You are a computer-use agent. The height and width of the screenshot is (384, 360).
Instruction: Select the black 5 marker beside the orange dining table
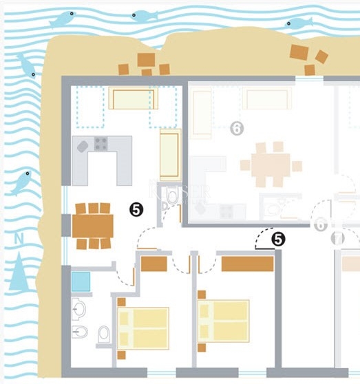pos(136,210)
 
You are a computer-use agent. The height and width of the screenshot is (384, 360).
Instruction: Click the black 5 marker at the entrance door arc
pos(278,239)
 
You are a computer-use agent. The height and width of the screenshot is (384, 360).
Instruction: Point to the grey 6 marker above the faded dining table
pos(237,128)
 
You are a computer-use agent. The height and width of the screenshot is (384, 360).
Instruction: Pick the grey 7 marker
pos(338,239)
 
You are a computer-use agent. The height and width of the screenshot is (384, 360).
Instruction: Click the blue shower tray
pos(81,281)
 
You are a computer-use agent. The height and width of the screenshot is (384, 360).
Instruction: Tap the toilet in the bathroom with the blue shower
pos(104,334)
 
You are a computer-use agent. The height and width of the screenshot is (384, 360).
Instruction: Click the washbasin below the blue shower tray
pos(78,309)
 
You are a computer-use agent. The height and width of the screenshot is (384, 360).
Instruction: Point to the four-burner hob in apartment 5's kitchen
pos(100,144)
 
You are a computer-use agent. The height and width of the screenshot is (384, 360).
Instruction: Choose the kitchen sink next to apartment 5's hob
pos(83,146)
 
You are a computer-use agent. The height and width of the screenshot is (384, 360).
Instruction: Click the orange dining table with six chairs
pos(93,225)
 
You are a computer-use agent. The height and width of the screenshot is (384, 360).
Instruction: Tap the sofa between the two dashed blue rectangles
pos(133,99)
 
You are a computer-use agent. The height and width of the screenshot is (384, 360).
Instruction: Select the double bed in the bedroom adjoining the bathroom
pos(144,328)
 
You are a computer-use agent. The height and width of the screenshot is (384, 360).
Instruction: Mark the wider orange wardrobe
pos(248,264)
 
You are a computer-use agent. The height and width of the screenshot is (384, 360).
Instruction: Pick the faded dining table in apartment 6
pos(271,165)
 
